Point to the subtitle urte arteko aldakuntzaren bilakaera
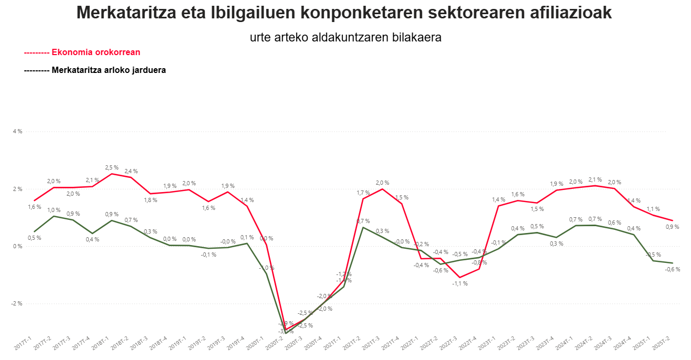click(x=345, y=38)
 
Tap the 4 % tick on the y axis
click(x=17, y=132)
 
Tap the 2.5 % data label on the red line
click(x=112, y=167)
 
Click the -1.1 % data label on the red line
click(x=460, y=283)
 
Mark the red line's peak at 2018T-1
click(x=111, y=174)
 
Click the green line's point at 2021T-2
click(x=363, y=227)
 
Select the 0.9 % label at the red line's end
click(x=672, y=227)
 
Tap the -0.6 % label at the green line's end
click(x=672, y=269)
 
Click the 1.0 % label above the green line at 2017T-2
click(x=54, y=210)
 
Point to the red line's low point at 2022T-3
click(x=459, y=277)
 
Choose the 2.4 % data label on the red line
click(x=131, y=171)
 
